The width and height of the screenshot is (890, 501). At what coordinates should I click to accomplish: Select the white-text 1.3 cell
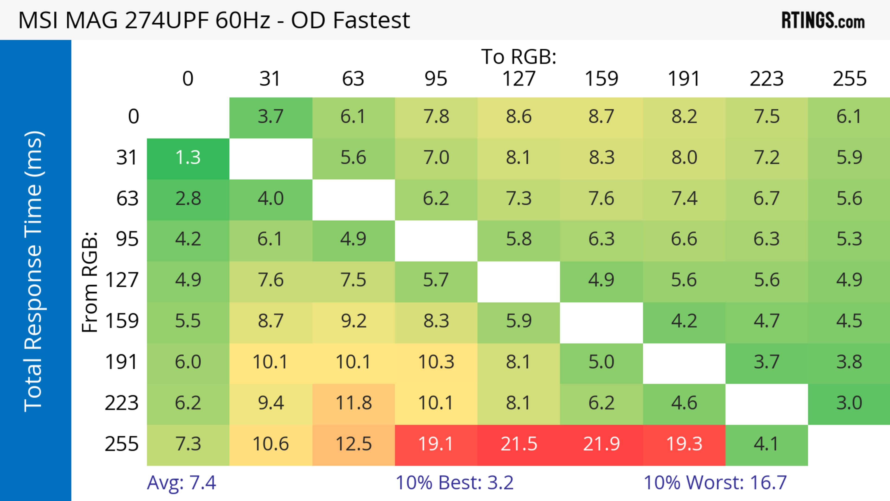pos(188,158)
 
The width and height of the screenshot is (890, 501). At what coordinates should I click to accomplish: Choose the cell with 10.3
pos(436,362)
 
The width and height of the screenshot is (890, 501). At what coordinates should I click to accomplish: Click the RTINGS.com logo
pos(823,21)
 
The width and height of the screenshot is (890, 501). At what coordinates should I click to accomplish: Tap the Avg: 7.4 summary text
pos(181,483)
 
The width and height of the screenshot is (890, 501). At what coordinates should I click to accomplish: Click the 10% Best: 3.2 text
pos(454,483)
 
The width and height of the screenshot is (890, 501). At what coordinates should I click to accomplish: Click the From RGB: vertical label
pos(89,282)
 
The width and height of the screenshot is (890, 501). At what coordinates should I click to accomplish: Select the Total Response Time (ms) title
pos(34,271)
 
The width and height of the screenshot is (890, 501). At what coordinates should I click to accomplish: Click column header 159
pos(601,79)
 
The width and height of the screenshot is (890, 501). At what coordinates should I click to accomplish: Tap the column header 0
pos(188,79)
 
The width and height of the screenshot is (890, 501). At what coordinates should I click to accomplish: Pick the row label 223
pos(122,403)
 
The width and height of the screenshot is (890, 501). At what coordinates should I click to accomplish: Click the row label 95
pos(127,239)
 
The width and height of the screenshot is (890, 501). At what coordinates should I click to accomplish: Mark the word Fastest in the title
pos(371,20)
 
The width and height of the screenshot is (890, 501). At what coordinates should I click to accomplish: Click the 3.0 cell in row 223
pos(849,403)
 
